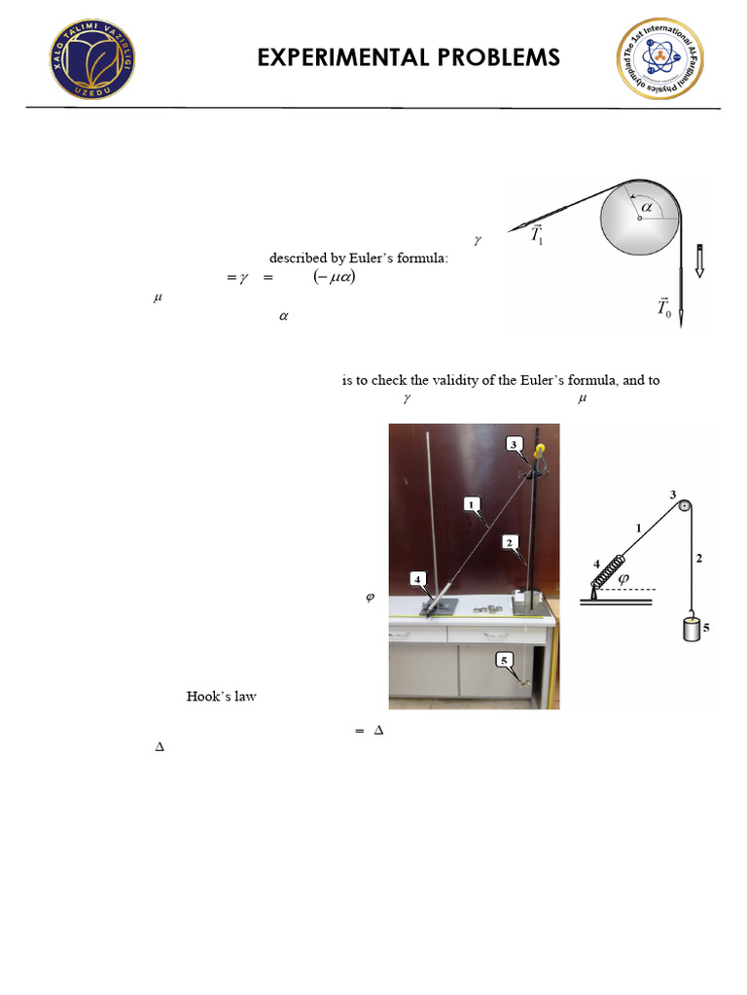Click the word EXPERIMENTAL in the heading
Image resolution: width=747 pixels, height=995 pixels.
pos(332,58)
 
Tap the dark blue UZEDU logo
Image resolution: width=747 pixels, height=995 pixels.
pos(93,59)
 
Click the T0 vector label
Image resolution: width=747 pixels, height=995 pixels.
pos(664,309)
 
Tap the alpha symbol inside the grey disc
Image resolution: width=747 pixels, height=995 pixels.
pos(646,206)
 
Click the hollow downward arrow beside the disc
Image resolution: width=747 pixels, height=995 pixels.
pos(698,261)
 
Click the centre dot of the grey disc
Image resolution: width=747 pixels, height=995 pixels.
pos(638,219)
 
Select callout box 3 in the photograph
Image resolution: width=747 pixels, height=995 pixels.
pos(514,444)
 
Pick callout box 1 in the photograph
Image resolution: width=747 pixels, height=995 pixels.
pos(471,503)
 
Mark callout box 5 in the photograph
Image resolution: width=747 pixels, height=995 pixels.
pos(504,660)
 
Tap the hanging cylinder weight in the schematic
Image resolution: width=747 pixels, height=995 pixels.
pos(693,628)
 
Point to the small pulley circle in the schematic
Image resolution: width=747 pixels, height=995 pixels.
pos(685,505)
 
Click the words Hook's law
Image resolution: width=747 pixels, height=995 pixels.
pos(221,697)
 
